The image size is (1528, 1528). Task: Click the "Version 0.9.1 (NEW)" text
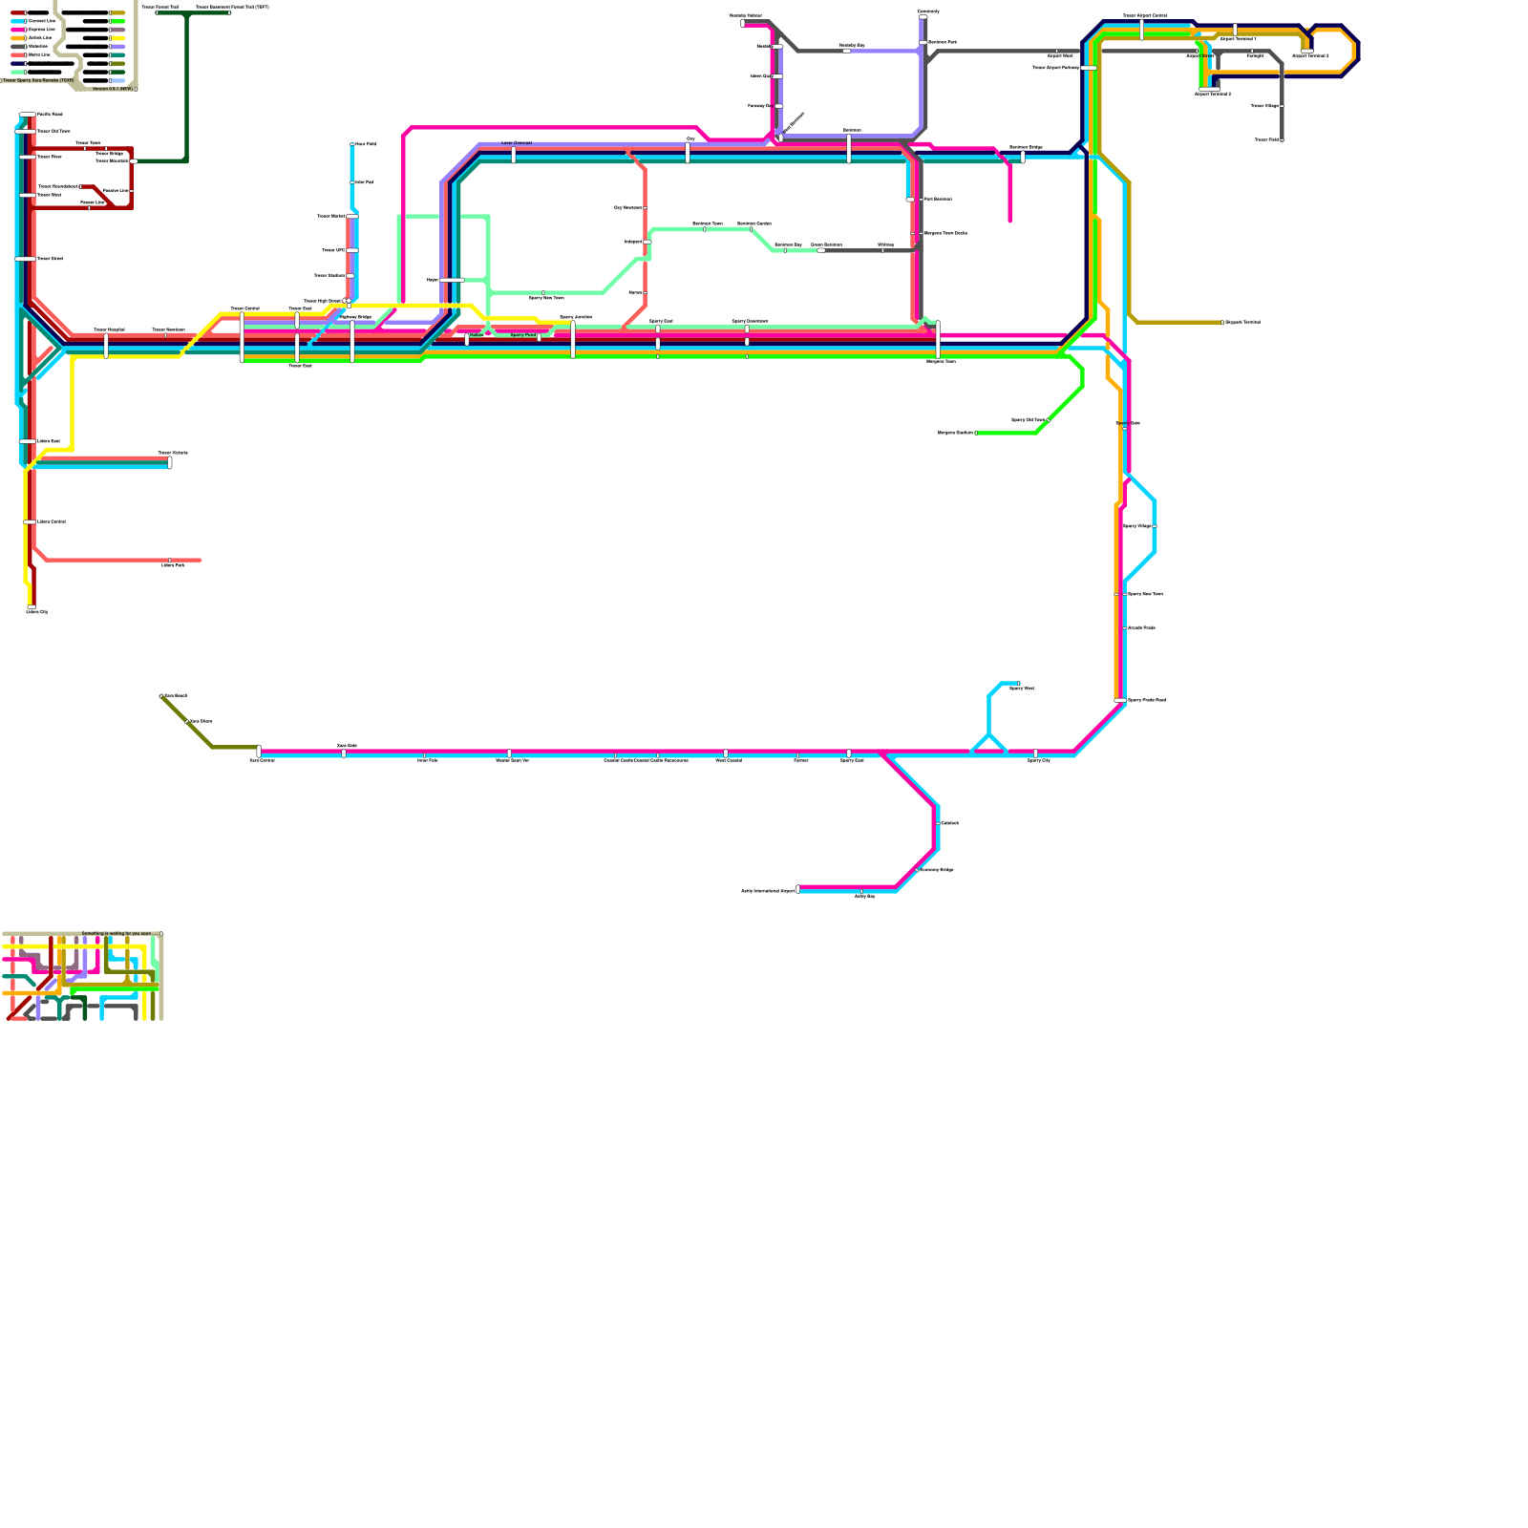(x=113, y=89)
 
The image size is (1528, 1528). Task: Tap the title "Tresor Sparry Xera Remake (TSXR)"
(x=38, y=80)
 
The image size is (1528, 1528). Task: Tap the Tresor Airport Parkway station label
(x=1055, y=68)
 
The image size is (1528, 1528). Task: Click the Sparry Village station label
(x=1136, y=526)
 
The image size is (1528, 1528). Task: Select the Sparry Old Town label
(x=1028, y=419)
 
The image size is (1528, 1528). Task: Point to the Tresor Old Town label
(x=53, y=131)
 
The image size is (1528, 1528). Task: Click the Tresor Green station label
(x=50, y=259)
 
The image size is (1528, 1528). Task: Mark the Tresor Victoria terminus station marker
(x=170, y=463)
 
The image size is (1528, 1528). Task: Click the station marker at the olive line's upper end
(x=161, y=696)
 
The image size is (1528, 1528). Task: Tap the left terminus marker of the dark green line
(x=158, y=12)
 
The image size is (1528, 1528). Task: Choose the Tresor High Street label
(x=322, y=301)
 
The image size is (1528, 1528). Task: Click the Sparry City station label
(x=1039, y=760)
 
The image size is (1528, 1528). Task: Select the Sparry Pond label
(x=523, y=335)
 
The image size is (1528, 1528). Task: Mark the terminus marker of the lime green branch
(x=975, y=433)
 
